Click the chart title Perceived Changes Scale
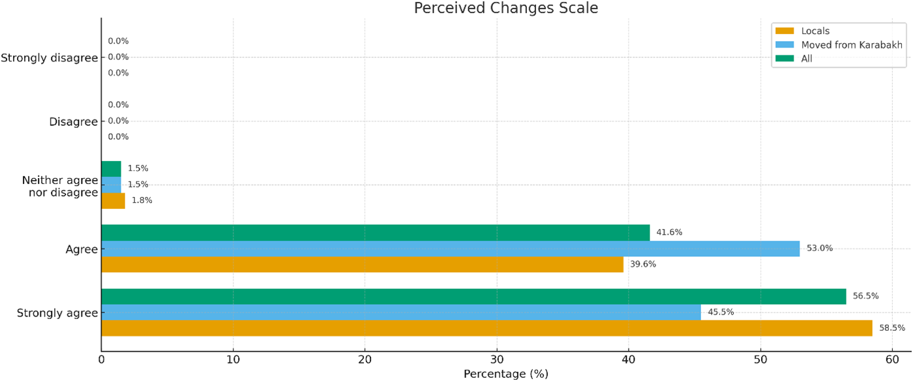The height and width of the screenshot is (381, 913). pyautogui.click(x=506, y=8)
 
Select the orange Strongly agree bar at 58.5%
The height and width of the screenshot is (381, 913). pyautogui.click(x=487, y=328)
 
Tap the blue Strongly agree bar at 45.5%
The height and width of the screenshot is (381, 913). pyautogui.click(x=402, y=312)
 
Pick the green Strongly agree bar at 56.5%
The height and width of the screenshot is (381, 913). pyautogui.click(x=474, y=297)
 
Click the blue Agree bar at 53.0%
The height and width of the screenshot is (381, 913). pyautogui.click(x=451, y=249)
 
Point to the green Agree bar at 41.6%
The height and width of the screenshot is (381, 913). pyautogui.click(x=376, y=232)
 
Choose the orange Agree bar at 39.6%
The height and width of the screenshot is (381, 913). pyautogui.click(x=363, y=264)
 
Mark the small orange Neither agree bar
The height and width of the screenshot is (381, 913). pyautogui.click(x=113, y=201)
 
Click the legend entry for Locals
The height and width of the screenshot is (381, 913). pyautogui.click(x=802, y=31)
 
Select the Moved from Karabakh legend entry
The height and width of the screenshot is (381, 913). pyautogui.click(x=839, y=45)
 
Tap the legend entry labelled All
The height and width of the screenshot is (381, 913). pyautogui.click(x=794, y=58)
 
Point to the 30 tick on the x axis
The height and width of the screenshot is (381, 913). pyautogui.click(x=497, y=359)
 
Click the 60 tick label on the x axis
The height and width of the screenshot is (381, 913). pyautogui.click(x=892, y=359)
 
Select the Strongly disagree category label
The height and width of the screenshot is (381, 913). pyautogui.click(x=50, y=58)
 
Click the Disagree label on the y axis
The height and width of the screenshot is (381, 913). pyautogui.click(x=73, y=121)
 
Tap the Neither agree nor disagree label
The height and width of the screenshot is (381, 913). pyautogui.click(x=60, y=186)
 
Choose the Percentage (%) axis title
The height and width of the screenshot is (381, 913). pyautogui.click(x=506, y=374)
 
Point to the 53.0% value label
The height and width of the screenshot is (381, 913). pyautogui.click(x=820, y=248)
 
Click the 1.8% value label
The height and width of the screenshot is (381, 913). pyautogui.click(x=142, y=200)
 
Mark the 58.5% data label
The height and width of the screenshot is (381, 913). pyautogui.click(x=892, y=328)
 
